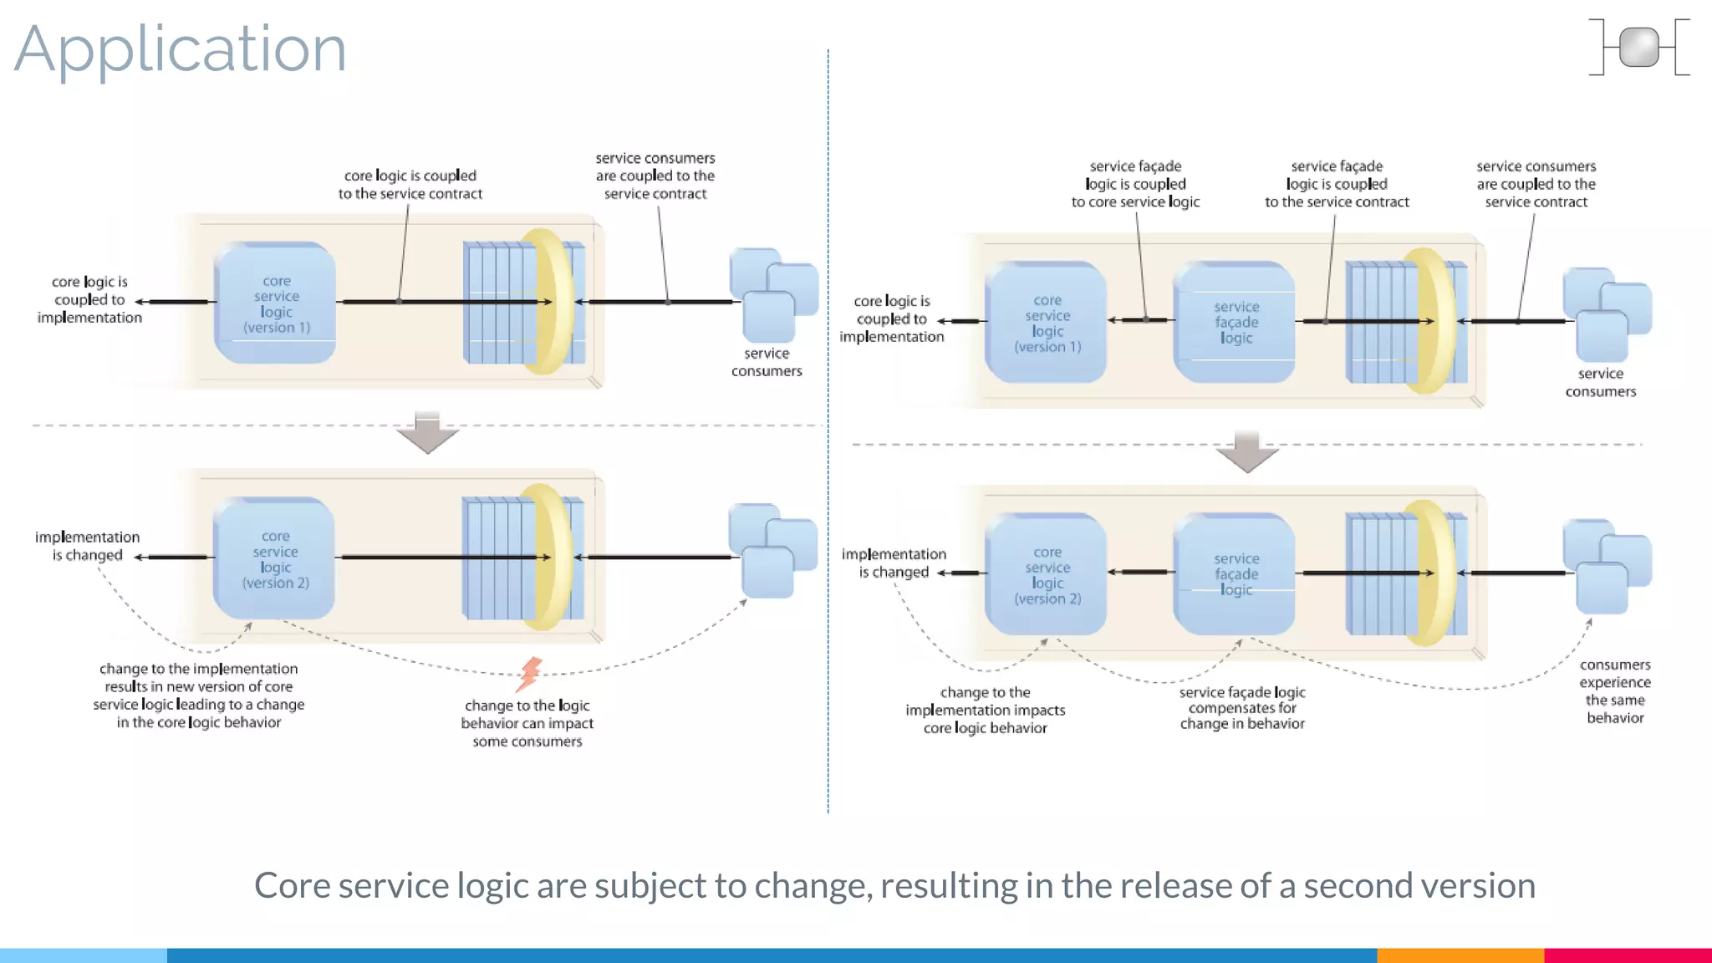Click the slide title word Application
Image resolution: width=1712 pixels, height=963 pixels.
point(180,50)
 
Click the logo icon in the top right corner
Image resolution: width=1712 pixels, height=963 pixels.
point(1638,48)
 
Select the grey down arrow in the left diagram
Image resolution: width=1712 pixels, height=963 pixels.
point(427,432)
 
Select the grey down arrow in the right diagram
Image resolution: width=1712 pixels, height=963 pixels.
point(1246,452)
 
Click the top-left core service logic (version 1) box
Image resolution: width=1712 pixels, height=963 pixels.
point(276,303)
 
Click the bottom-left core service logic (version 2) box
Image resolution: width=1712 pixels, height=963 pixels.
point(275,558)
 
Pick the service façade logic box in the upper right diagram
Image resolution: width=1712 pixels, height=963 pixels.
point(1235,322)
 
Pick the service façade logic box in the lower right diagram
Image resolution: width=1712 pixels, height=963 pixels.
point(1235,573)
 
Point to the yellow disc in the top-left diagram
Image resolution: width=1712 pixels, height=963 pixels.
point(548,301)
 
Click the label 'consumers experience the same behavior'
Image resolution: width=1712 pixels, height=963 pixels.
point(1614,691)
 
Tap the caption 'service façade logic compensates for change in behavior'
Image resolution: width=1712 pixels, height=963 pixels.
point(1241,708)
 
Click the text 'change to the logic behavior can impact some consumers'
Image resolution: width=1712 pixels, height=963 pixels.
point(527,723)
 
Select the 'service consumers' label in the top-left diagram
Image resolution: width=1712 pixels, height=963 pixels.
point(766,362)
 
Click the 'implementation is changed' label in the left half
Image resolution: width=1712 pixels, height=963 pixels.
point(87,546)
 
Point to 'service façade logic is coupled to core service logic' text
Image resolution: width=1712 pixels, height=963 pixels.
point(1135,184)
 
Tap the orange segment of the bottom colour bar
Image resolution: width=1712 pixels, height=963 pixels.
point(1460,955)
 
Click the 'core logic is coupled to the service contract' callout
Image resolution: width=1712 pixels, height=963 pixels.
point(410,185)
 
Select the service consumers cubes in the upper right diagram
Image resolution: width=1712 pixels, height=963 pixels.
point(1606,313)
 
